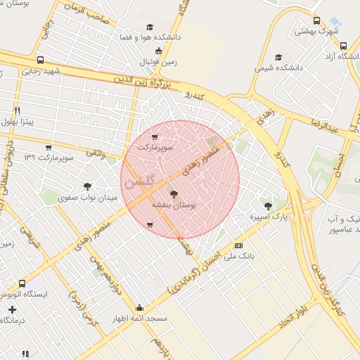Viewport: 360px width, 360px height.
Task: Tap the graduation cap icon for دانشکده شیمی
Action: click(279, 57)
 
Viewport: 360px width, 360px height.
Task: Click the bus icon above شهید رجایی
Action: click(40, 60)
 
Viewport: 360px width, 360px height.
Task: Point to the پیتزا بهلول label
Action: click(18, 122)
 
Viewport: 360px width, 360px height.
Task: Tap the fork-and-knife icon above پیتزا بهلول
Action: click(18, 110)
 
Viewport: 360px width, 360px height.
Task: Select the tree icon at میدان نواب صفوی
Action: click(88, 186)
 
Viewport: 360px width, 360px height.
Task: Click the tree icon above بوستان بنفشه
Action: click(174, 193)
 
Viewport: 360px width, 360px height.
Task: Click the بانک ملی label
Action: click(239, 256)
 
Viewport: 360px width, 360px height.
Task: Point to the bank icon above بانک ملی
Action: click(239, 245)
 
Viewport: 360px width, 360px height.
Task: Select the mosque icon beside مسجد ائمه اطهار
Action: click(139, 308)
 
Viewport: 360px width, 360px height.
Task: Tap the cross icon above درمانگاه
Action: click(12, 309)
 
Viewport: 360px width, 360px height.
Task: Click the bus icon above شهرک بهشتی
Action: click(316, 20)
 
